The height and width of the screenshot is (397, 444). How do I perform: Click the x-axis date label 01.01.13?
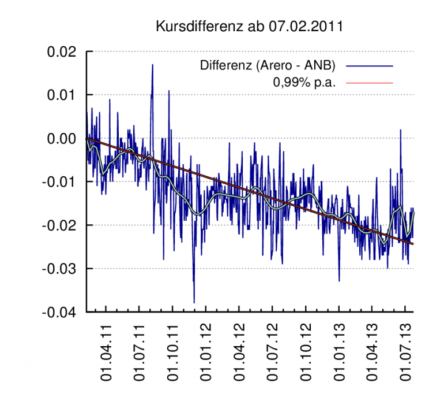340,356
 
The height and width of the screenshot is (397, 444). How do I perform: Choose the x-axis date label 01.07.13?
407,356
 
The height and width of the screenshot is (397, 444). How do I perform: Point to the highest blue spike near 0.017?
152,65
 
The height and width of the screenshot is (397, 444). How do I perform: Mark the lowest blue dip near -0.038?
194,302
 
